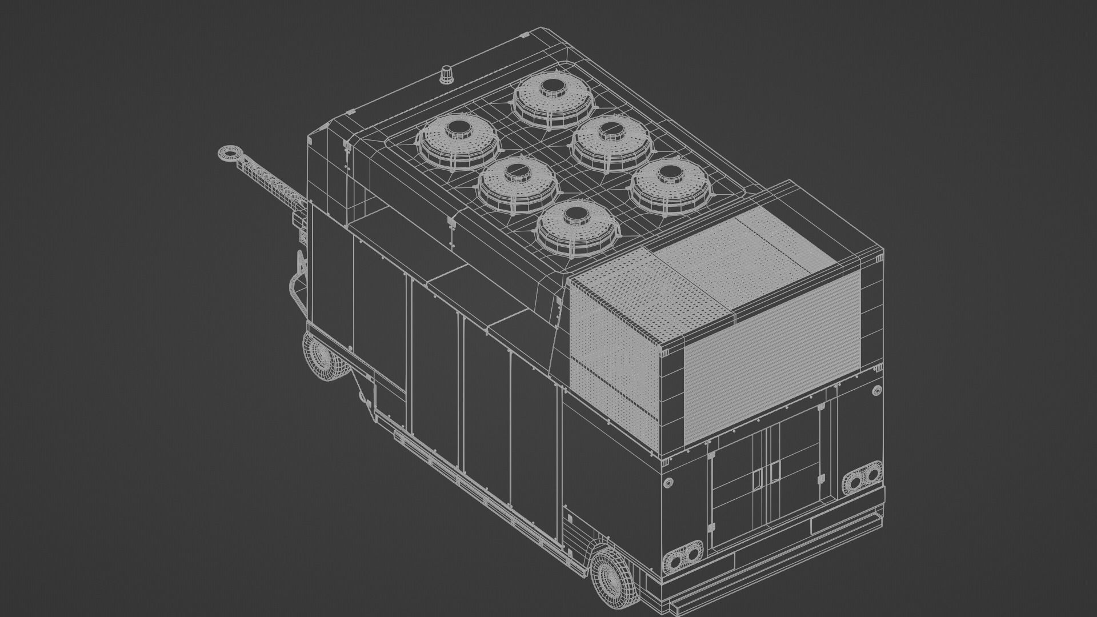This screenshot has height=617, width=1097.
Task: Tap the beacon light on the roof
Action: pyautogui.click(x=446, y=74)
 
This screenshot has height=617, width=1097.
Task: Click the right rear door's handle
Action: pyautogui.click(x=775, y=471)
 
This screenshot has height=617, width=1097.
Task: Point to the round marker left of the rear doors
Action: pyautogui.click(x=667, y=483)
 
